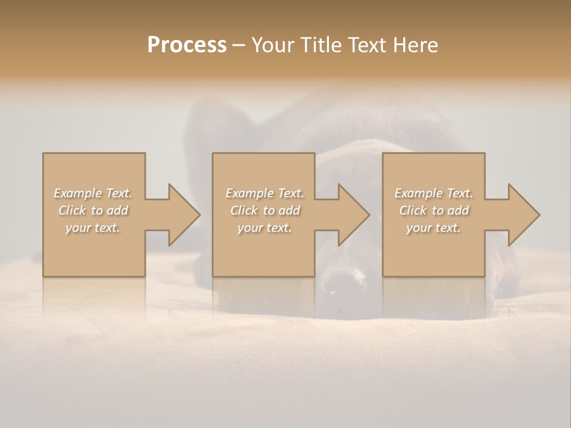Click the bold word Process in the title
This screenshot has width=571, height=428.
[x=187, y=45]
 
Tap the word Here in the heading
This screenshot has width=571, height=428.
[x=415, y=45]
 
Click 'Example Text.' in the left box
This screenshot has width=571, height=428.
[x=93, y=193]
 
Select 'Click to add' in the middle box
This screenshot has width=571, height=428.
[x=265, y=210]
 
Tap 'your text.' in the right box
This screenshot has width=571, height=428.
[x=434, y=228]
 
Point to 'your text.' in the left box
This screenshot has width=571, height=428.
[x=93, y=228]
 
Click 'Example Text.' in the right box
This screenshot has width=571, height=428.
[x=434, y=193]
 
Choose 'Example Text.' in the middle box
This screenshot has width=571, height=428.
[x=265, y=193]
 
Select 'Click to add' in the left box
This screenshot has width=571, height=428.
[x=93, y=210]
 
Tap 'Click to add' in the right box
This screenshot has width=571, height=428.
[x=434, y=210]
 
